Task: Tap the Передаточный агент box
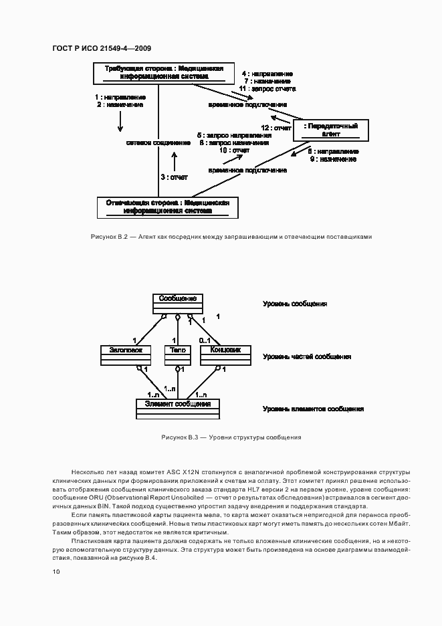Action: [x=330, y=130]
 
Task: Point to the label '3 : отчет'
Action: [x=174, y=177]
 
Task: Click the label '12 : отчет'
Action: [x=275, y=127]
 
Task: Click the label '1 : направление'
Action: [x=120, y=97]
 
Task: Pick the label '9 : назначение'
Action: [x=332, y=159]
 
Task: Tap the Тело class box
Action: [x=178, y=354]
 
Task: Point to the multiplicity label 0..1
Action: [x=205, y=340]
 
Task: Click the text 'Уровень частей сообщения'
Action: [x=306, y=356]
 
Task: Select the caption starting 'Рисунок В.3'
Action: [x=231, y=437]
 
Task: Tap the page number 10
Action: [x=56, y=570]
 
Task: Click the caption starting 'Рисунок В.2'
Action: [x=231, y=237]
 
